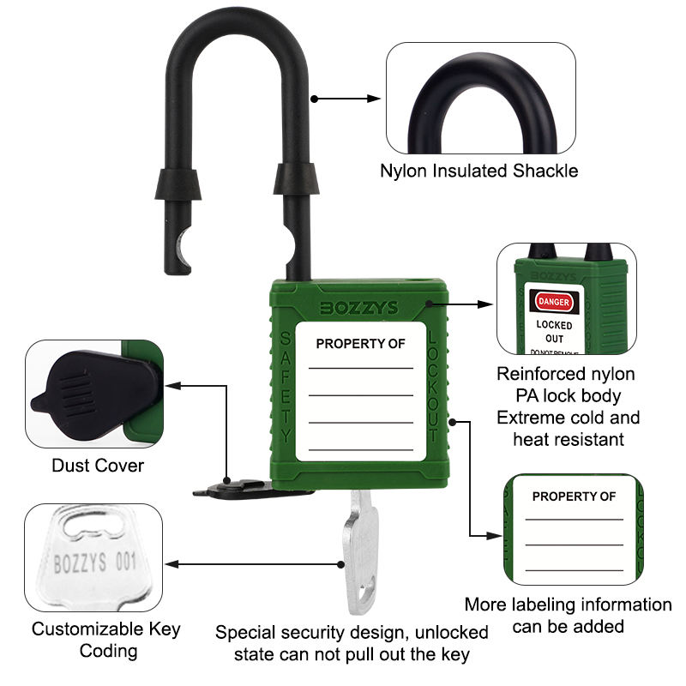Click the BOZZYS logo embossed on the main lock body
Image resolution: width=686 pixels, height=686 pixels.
pos(359,307)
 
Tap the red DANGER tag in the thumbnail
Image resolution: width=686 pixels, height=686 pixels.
pos(553,302)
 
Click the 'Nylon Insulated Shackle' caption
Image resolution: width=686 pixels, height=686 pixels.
pos(478,171)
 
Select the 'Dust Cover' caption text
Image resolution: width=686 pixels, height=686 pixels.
pos(98,466)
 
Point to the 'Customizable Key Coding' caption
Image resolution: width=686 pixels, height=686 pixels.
pos(106,640)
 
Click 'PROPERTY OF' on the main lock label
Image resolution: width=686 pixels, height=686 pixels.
pos(360,344)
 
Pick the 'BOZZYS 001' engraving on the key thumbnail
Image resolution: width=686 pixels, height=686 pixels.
pos(94,564)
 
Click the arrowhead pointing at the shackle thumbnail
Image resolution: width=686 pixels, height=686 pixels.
pos(375,99)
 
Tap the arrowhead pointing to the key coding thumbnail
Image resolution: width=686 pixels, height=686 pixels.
pos(171,564)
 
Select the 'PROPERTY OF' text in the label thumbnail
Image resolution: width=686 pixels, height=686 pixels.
pos(574,496)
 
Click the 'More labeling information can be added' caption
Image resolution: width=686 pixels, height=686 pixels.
pos(568,615)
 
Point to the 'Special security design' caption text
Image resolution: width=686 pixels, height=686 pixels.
pos(352,633)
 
